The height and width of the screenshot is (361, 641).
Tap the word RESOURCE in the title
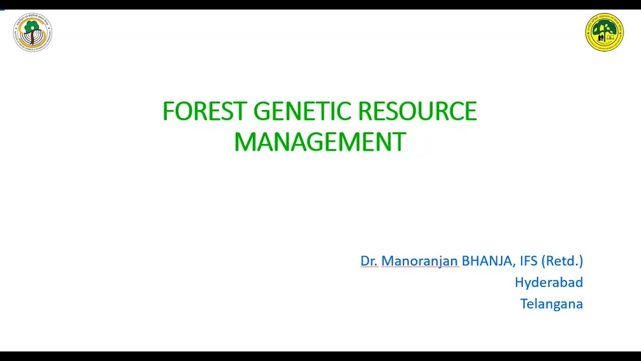tap(417, 111)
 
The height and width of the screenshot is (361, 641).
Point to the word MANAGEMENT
tap(319, 142)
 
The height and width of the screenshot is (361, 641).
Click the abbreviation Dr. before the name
tap(369, 261)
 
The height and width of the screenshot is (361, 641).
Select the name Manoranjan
tap(420, 261)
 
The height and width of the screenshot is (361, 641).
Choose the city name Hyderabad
tap(548, 282)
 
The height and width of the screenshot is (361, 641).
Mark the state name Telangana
tap(551, 304)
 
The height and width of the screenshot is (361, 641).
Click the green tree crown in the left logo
tap(32, 26)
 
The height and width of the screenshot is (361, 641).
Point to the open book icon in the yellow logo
tap(611, 38)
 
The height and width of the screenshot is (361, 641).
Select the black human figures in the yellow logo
tap(598, 38)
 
